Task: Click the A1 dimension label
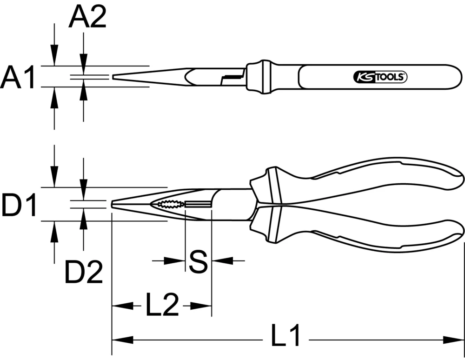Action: [x=18, y=77]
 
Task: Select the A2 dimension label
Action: [x=87, y=19]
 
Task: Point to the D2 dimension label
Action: [x=83, y=272]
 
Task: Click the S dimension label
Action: [x=199, y=261]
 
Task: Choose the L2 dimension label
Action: [x=162, y=306]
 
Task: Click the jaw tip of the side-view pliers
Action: [x=113, y=204]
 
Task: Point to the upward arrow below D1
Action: [x=55, y=231]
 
